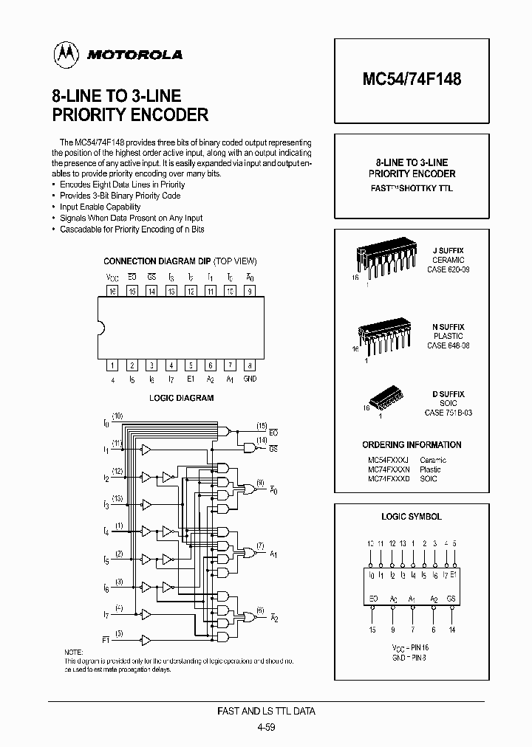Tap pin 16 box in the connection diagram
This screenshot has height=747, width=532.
click(x=112, y=291)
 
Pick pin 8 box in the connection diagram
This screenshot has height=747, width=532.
click(x=250, y=365)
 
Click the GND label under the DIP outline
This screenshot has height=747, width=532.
click(x=250, y=379)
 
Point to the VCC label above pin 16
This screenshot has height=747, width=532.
click(x=112, y=278)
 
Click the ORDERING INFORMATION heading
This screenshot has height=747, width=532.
click(x=412, y=445)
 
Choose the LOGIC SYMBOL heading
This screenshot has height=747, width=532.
click(x=412, y=517)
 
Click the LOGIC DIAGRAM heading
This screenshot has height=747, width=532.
click(x=181, y=398)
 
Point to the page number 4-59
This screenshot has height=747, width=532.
click(x=266, y=727)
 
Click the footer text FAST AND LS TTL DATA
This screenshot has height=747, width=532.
click(x=266, y=712)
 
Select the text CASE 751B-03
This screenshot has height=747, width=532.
click(x=448, y=413)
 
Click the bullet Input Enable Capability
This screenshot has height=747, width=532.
click(x=100, y=207)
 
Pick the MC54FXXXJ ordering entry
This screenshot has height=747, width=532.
click(x=388, y=460)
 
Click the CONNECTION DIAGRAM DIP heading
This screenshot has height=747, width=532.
click(x=157, y=261)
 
